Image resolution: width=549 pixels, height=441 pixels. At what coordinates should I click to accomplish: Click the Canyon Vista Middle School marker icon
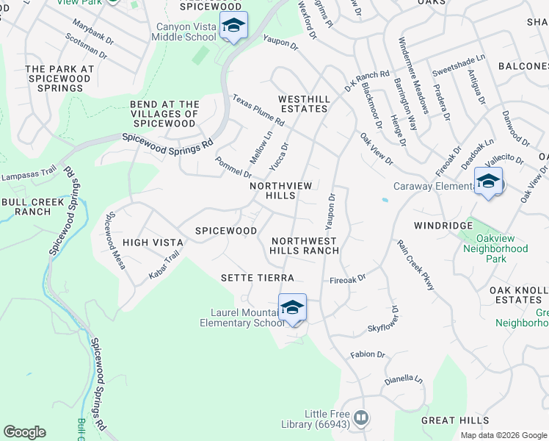[x=233, y=26]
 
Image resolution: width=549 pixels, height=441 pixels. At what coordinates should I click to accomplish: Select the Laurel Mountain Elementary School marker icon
[x=292, y=307]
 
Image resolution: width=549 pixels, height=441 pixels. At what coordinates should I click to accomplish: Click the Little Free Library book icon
[x=360, y=418]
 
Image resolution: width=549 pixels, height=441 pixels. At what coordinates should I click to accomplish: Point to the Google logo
[x=24, y=432]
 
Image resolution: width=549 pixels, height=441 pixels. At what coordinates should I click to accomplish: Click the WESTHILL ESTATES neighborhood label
[x=302, y=104]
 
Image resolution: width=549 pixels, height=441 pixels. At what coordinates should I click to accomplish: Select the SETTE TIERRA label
[x=258, y=278]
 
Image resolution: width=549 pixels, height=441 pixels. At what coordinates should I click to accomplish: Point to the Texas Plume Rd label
[x=258, y=110]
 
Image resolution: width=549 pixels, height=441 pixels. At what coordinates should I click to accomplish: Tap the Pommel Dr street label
[x=233, y=167]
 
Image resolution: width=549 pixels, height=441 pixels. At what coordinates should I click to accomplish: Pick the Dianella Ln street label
[x=404, y=380]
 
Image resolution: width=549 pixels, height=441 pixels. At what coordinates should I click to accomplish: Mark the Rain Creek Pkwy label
[x=415, y=264]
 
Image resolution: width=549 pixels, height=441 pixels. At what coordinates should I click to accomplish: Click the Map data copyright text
[x=503, y=435]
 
